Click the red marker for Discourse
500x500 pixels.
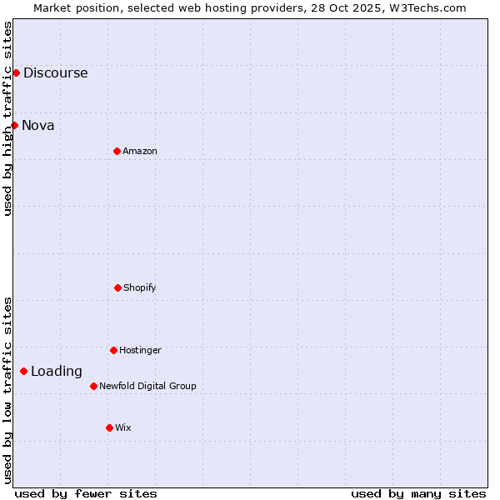[16, 72]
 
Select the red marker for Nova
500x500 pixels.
[14, 125]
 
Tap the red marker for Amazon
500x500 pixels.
[117, 151]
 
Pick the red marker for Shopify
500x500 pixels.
[117, 287]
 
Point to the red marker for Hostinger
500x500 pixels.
[113, 350]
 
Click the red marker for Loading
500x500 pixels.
[23, 371]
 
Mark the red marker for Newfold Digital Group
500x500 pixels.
[93, 386]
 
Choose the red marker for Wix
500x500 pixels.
[109, 427]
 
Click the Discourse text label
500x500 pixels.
[55, 72]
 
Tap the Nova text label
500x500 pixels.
[38, 125]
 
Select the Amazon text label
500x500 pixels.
[140, 151]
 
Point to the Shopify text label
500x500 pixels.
[140, 287]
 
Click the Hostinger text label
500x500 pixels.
[140, 350]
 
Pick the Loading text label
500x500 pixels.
[57, 372]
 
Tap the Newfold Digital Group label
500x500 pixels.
[147, 386]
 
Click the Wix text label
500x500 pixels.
[123, 427]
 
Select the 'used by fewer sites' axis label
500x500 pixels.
[86, 493]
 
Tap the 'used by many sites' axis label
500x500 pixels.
[418, 493]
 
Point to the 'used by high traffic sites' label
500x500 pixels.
[7, 118]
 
